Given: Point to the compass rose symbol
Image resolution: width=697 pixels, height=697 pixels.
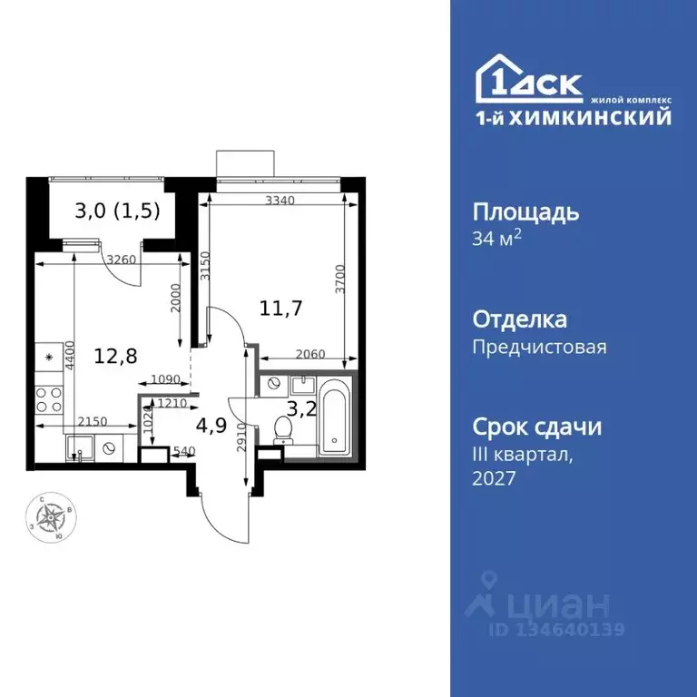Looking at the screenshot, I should click(x=51, y=518).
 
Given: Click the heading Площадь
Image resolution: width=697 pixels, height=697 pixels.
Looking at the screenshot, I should click(x=525, y=213).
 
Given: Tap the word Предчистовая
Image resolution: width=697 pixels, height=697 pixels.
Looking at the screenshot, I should click(x=539, y=346).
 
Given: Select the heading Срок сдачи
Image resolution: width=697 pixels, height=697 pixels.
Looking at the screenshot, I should click(x=537, y=427).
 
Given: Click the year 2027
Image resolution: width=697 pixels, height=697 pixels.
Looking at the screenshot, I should click(x=494, y=478).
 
